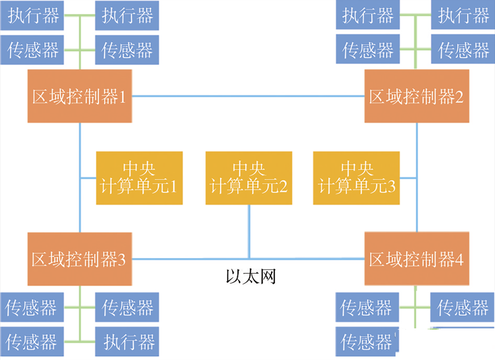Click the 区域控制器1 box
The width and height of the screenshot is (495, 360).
tap(79, 96)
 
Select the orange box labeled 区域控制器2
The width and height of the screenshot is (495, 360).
tap(417, 96)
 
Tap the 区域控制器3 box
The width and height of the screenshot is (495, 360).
tap(79, 259)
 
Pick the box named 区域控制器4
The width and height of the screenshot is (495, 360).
tap(417, 259)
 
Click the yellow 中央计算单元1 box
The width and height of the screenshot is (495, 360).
tap(139, 178)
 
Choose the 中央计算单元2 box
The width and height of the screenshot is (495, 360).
tap(249, 178)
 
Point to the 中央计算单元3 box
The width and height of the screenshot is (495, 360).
tap(356, 178)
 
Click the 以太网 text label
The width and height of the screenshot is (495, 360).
tap(251, 277)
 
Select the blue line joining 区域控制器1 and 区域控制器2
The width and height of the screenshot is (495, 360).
tap(247, 96)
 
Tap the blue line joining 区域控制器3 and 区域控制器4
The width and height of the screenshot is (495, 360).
tap(192, 259)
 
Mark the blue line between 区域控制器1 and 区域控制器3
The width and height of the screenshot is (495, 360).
tap(80, 206)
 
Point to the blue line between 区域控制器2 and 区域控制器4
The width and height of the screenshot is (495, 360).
tap(417, 206)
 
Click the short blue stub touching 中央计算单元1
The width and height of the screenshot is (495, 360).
tap(88, 178)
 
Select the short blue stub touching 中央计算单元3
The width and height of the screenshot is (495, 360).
tap(408, 178)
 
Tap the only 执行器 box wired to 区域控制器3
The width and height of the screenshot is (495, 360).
tap(127, 342)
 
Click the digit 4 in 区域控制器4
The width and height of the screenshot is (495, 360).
tap(459, 260)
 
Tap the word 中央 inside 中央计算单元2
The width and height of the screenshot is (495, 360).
tap(249, 169)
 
